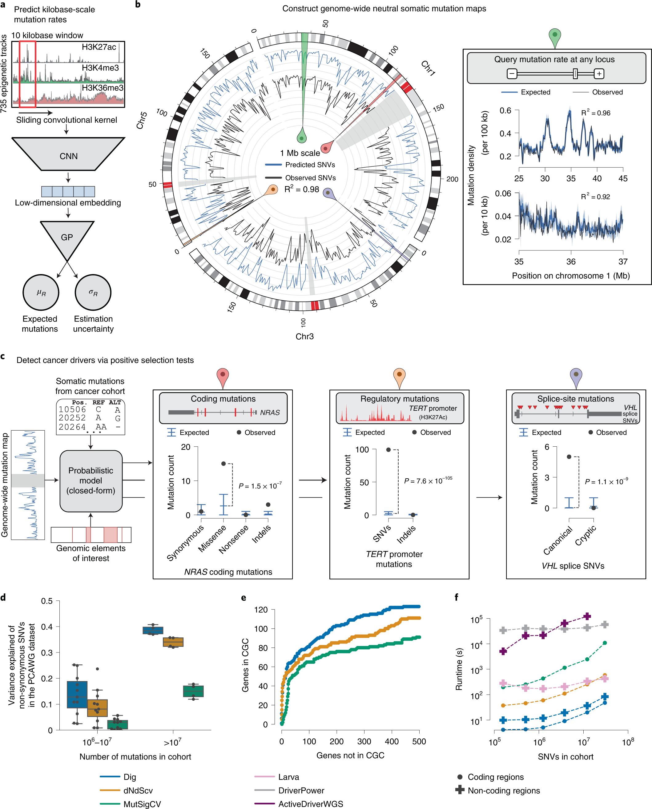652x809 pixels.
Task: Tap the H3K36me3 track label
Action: click(x=103, y=88)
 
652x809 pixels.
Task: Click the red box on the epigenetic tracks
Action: click(x=27, y=74)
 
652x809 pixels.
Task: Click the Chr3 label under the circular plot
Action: click(x=304, y=336)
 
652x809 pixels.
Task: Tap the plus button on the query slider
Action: click(x=599, y=74)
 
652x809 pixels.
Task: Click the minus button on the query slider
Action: click(x=512, y=74)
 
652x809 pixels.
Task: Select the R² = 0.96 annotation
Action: click(x=596, y=113)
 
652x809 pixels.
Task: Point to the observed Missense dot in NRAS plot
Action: click(x=223, y=464)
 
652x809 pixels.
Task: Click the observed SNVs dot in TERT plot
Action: click(x=388, y=449)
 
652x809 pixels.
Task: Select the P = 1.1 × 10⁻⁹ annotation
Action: click(x=606, y=481)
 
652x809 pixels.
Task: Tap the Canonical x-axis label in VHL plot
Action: click(x=558, y=540)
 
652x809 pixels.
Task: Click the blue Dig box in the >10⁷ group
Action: click(x=153, y=630)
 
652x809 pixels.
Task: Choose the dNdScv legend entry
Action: click(x=138, y=791)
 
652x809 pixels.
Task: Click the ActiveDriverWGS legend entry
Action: click(x=310, y=804)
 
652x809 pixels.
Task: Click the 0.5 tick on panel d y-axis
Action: click(x=47, y=601)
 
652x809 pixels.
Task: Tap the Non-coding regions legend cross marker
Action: click(x=460, y=790)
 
